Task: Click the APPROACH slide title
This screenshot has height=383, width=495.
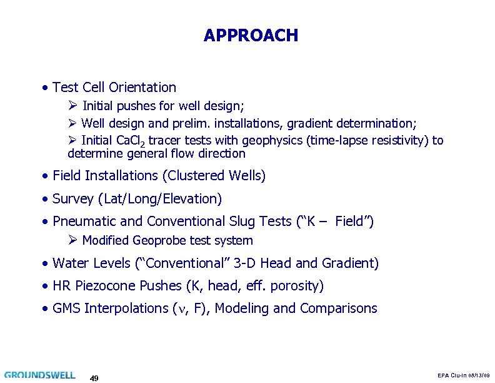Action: pyautogui.click(x=251, y=36)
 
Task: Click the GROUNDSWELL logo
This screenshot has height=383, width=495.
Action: pyautogui.click(x=39, y=375)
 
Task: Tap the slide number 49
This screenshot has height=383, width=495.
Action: pyautogui.click(x=94, y=378)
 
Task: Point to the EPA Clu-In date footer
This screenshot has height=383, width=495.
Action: pyautogui.click(x=464, y=375)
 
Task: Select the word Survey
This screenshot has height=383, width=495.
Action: pyautogui.click(x=74, y=199)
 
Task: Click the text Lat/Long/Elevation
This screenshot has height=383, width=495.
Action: pyautogui.click(x=159, y=199)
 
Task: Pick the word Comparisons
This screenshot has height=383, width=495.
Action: pyautogui.click(x=339, y=309)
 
